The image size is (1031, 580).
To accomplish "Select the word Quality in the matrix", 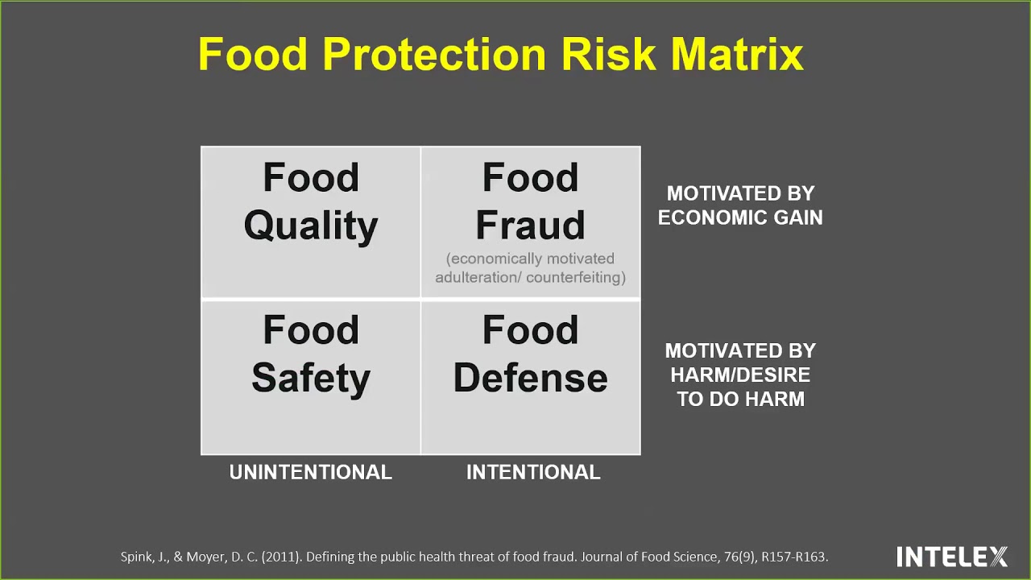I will click(311, 226).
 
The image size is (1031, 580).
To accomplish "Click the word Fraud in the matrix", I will click(530, 226).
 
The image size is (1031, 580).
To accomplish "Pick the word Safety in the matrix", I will click(311, 378).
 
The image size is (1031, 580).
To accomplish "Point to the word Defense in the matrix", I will click(530, 378).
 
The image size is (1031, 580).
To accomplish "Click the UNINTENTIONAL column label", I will click(311, 473).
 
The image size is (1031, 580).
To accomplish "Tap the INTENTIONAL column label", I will click(533, 473).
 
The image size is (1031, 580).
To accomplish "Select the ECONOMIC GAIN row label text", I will click(740, 217).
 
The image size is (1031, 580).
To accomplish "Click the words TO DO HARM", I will click(740, 400).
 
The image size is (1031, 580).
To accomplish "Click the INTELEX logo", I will click(952, 557).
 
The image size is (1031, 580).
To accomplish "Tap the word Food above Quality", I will click(311, 178).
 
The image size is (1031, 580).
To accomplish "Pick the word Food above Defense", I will click(530, 330).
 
